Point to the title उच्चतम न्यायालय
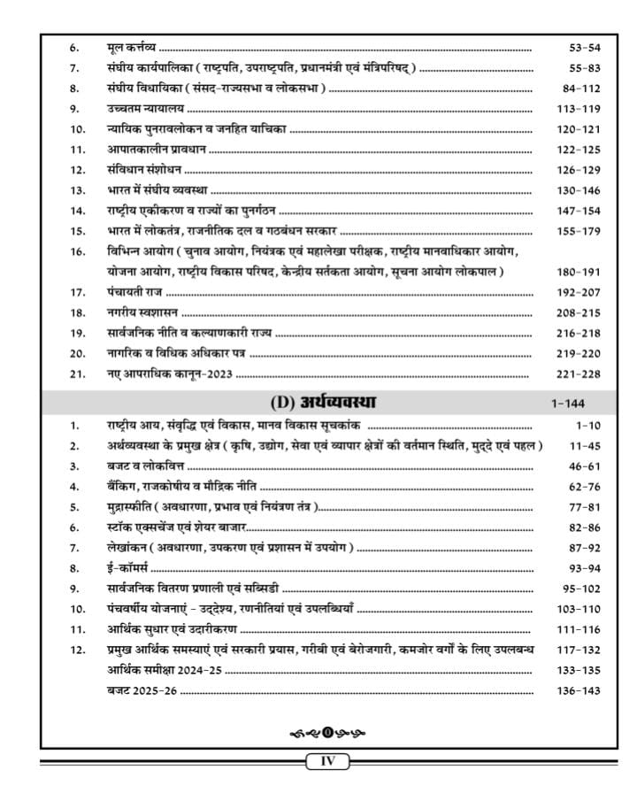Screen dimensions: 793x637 click(x=133, y=109)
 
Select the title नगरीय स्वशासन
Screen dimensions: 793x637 click(x=129, y=312)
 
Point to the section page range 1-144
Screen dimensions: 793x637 click(x=567, y=404)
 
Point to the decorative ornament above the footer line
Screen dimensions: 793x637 click(x=328, y=732)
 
